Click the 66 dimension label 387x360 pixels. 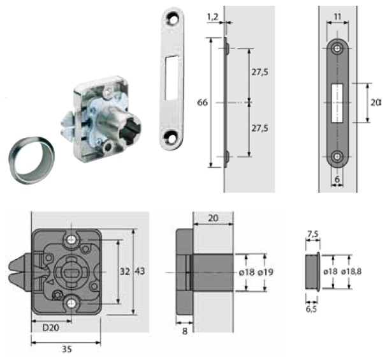click(x=202, y=103)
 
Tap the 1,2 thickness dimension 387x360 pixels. click(x=212, y=17)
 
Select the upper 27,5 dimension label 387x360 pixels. click(x=259, y=72)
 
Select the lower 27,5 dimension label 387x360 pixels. click(x=259, y=128)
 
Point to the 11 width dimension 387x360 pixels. click(x=337, y=17)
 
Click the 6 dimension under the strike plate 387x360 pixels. click(x=337, y=179)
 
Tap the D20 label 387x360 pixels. click(x=51, y=327)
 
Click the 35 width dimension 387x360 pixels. click(x=67, y=349)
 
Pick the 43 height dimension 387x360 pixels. click(x=140, y=271)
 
